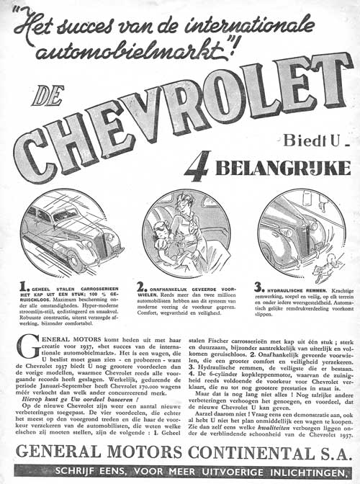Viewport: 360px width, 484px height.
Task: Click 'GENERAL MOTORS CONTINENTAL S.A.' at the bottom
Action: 180,454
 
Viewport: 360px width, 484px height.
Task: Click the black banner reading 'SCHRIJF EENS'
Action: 180,472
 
